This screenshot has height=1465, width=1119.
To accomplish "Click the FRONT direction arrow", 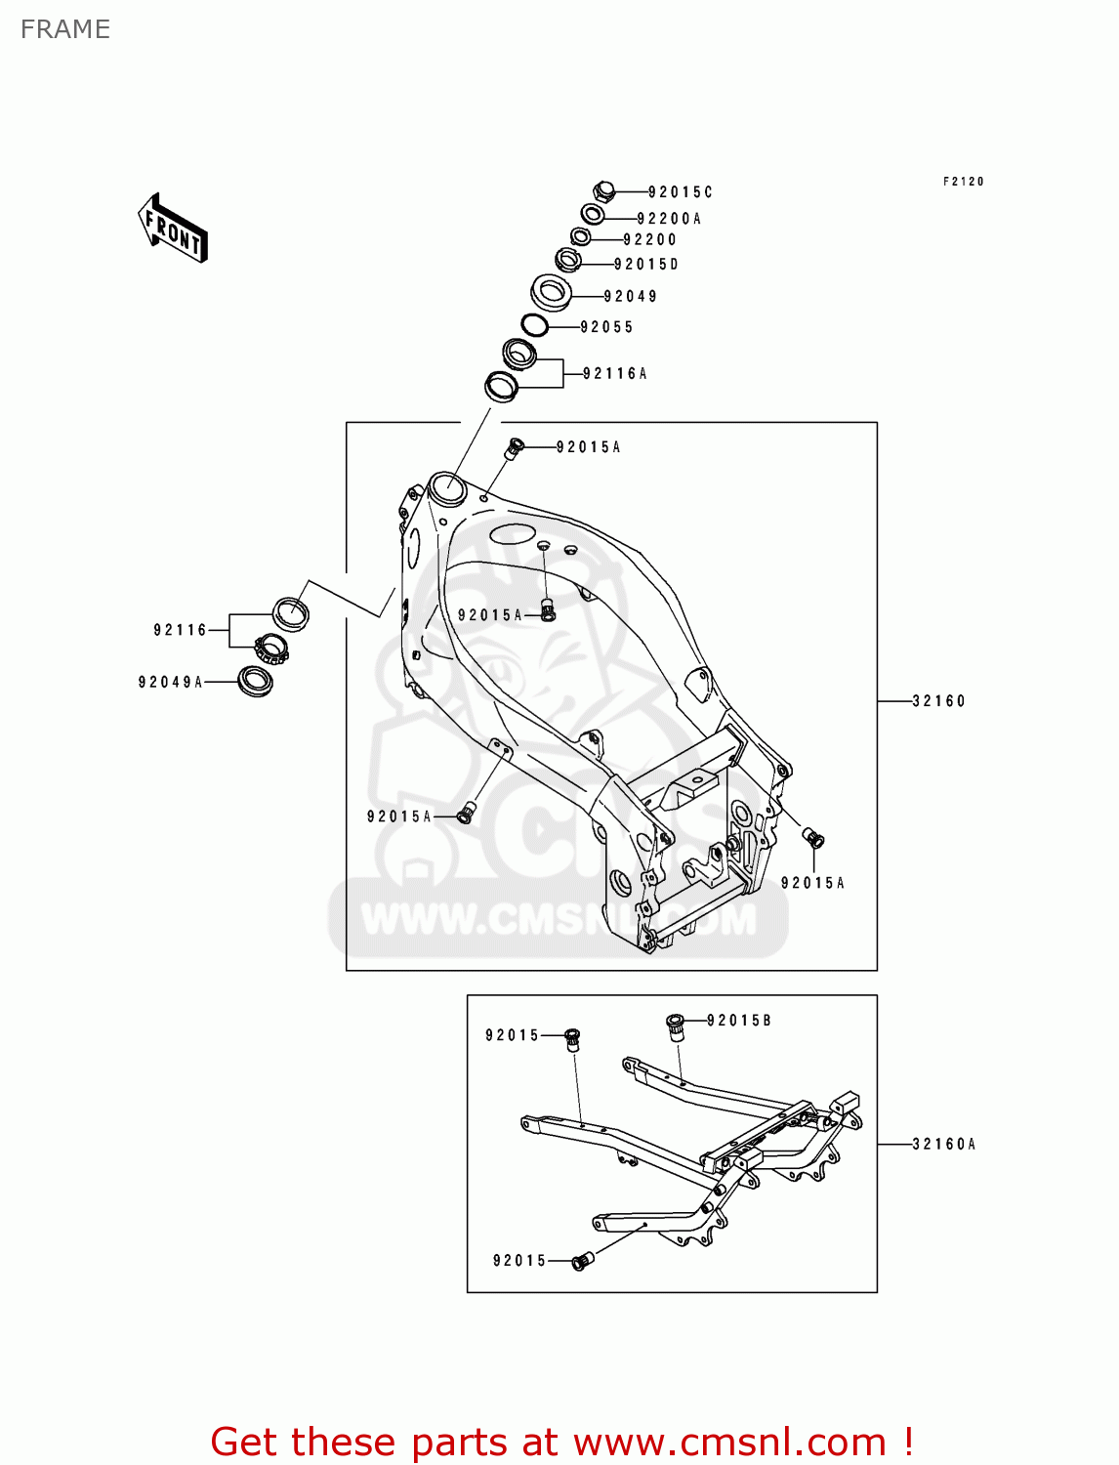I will (173, 229).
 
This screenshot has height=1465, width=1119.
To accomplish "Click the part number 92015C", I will (681, 192).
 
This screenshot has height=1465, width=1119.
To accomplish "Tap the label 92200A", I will (669, 219).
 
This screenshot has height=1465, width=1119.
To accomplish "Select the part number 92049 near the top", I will (631, 296).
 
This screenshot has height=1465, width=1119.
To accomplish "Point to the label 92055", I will (606, 327).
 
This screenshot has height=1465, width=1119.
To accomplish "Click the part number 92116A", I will (615, 373).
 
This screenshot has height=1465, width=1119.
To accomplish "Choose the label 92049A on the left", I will (171, 682).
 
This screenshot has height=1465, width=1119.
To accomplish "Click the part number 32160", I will (938, 700).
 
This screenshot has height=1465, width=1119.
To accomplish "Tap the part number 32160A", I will (944, 1144).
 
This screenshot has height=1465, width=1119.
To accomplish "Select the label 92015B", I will (739, 1021).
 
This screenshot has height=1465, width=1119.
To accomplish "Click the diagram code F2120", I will (964, 182).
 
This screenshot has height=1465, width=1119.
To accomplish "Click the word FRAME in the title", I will (65, 29).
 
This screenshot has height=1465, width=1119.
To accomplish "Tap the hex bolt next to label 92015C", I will (604, 190).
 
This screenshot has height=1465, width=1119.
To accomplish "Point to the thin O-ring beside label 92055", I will (534, 325).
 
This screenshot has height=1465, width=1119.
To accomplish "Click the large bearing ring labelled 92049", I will (552, 291).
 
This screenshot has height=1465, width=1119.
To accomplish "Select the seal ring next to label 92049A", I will (256, 681).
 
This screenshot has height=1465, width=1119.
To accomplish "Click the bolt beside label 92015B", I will (674, 1026).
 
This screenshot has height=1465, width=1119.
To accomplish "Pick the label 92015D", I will (646, 264).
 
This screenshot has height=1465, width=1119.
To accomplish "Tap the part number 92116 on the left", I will (181, 630).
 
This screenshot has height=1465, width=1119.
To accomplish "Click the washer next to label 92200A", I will (592, 214).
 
